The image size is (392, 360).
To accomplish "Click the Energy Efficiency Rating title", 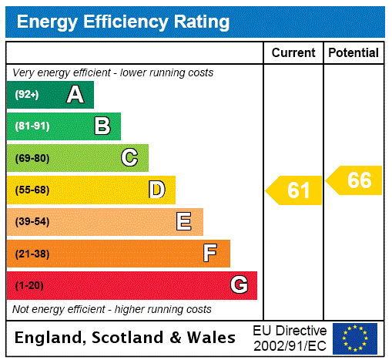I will [123, 22].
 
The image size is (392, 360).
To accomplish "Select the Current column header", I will [293, 53].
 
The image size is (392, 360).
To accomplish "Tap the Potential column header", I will [353, 53].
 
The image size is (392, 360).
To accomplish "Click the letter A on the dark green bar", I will [75, 95].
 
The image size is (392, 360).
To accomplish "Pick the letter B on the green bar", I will [102, 126].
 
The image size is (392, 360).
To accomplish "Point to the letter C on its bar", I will [129, 158].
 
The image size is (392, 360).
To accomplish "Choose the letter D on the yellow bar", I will [156, 190].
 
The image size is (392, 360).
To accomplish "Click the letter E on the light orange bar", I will [184, 222].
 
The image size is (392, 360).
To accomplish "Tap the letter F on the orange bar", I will [210, 254].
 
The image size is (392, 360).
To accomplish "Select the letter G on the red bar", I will [239, 285].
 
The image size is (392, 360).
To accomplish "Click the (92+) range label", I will [27, 95].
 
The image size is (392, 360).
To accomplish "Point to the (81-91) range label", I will [32, 126].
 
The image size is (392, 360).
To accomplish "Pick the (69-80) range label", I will [32, 158].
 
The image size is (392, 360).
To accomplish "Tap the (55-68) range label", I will [32, 190].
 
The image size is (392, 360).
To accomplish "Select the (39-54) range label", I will [32, 222].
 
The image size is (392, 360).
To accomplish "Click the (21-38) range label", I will [32, 254].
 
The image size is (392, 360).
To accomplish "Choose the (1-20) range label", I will [29, 285].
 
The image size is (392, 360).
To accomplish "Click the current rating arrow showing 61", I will [294, 190].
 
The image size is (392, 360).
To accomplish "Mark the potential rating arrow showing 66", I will [354, 180].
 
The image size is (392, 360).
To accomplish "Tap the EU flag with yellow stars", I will [355, 338].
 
